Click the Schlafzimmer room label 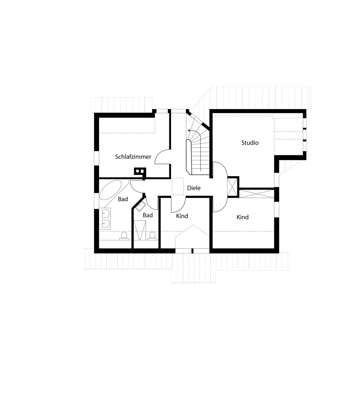coord(133,157)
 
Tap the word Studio coord(250,143)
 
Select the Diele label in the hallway coord(194,188)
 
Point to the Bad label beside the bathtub coord(123,199)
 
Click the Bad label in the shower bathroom coord(147,215)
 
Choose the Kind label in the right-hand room coord(243,217)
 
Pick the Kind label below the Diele coord(182,216)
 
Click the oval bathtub coord(110,190)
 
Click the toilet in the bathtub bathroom coord(124,236)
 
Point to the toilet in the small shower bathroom coord(152,236)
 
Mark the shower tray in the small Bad coord(139,230)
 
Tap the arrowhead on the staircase coord(189,130)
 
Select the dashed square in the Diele coord(178,186)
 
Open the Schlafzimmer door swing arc coord(161,157)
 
